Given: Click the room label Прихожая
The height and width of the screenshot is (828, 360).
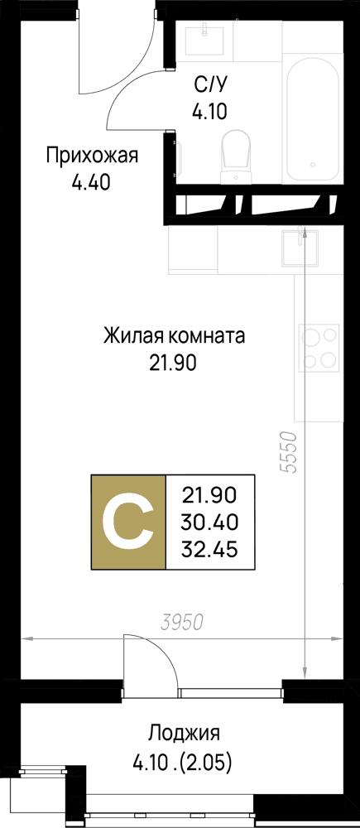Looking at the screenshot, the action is pyautogui.click(x=92, y=156).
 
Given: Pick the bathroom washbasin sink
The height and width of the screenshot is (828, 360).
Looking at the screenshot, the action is pyautogui.click(x=204, y=40).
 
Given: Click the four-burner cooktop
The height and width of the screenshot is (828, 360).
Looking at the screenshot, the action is pyautogui.click(x=319, y=348).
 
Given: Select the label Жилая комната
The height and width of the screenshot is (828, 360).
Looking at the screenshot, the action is pyautogui.click(x=174, y=335).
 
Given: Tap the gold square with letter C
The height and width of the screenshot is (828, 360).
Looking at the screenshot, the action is pyautogui.click(x=129, y=522).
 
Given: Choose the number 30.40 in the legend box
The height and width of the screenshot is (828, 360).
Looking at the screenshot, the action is pyautogui.click(x=210, y=522).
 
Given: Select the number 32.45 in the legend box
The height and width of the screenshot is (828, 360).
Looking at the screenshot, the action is pyautogui.click(x=209, y=550).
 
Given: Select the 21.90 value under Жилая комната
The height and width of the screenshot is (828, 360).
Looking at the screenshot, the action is pyautogui.click(x=173, y=363).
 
